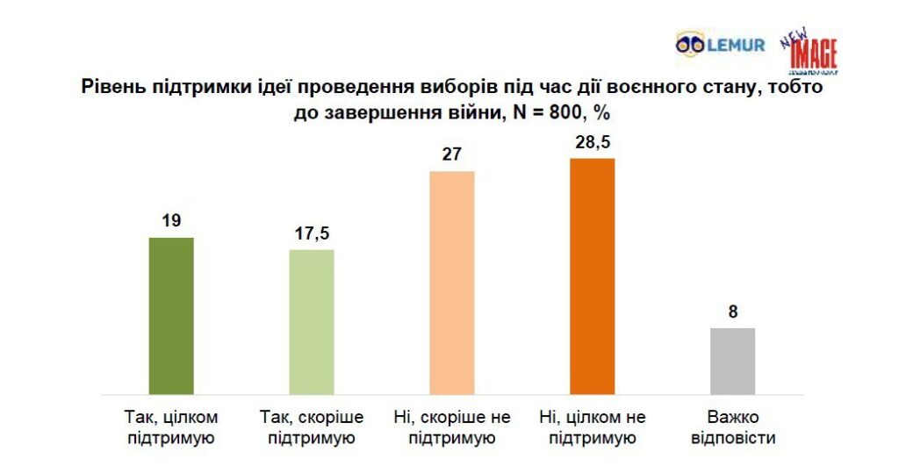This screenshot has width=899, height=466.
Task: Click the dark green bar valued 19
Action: (171, 315)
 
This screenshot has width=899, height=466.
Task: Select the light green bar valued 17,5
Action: (312, 321)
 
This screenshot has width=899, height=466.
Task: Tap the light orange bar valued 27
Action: (452, 282)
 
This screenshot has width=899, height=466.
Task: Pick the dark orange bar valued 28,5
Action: (593, 276)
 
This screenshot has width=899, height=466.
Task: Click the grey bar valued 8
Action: (733, 361)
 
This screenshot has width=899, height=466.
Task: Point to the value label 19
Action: (171, 220)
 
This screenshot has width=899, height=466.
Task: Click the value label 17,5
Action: (312, 233)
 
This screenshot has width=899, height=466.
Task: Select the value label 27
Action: (452, 154)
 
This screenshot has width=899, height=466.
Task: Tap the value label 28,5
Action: (593, 142)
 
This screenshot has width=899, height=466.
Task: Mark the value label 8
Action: (733, 312)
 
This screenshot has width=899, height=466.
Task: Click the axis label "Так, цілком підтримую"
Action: (171, 426)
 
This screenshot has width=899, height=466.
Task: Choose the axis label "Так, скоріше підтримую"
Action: (312, 426)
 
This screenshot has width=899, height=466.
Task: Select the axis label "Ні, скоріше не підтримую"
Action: (452, 426)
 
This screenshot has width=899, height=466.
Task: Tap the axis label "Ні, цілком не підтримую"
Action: (593, 426)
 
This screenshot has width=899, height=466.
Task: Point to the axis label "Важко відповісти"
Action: (733, 426)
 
